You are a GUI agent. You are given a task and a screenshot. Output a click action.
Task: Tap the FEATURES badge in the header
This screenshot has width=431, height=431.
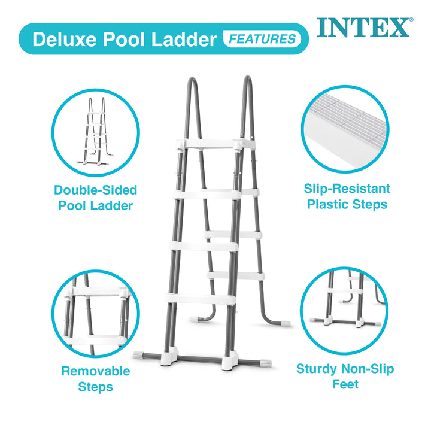[262, 40]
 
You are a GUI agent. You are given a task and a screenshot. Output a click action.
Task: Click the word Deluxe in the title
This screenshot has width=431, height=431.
[63, 40]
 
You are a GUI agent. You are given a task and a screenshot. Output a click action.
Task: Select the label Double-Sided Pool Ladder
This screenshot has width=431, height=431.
[96, 198]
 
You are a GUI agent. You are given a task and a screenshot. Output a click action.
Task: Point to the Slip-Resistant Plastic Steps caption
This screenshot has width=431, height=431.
[347, 196]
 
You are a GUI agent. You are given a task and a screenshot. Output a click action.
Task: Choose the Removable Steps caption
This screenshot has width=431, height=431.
[96, 378]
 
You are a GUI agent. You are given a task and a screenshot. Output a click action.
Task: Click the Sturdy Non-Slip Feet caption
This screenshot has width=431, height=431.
[345, 376]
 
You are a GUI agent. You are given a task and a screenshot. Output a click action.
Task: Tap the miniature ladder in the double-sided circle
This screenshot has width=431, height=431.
[95, 131]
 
